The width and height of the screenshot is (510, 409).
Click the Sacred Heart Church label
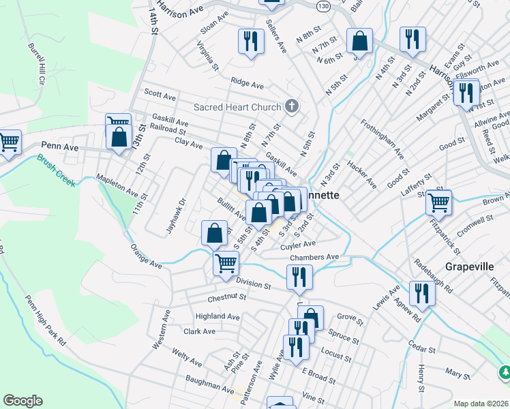pyautogui.click(x=237, y=107)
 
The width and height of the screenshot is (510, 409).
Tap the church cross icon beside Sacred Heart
pyautogui.click(x=292, y=106)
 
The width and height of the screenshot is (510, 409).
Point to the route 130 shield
pyautogui.click(x=323, y=5)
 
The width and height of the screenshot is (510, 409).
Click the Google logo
pyautogui.click(x=22, y=401)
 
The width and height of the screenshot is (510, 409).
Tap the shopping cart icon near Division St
pyautogui.click(x=226, y=262)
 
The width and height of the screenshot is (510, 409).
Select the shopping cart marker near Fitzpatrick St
pyautogui.click(x=438, y=202)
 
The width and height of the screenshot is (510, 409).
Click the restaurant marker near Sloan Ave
pyautogui.click(x=251, y=41)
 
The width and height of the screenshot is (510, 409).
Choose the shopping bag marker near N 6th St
pyautogui.click(x=359, y=41)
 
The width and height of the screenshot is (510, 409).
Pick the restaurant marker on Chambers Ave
pyautogui.click(x=299, y=276)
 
